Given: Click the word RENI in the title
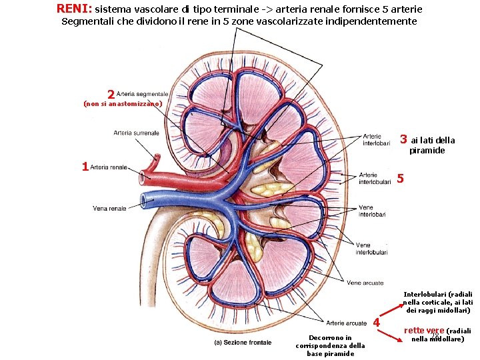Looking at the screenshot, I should tap(73, 9).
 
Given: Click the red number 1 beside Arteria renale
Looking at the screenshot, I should tap(85, 167).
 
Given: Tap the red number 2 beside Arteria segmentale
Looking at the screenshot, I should tap(111, 95).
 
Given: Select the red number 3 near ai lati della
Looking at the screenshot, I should tap(403, 140).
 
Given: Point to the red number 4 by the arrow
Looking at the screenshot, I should tap(377, 323).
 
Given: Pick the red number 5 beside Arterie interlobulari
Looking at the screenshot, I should tap(399, 178).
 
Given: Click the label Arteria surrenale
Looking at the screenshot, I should tap(136, 133).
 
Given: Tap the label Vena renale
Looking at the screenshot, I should tap(109, 209).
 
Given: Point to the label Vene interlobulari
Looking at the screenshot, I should tap(371, 249).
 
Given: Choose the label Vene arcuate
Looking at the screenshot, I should tap(365, 283).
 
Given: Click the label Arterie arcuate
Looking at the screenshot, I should tap(347, 323).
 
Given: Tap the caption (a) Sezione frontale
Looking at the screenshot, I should tap(243, 343).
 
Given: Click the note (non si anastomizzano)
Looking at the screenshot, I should tap(121, 105).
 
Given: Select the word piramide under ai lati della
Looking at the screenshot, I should tap(427, 151).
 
